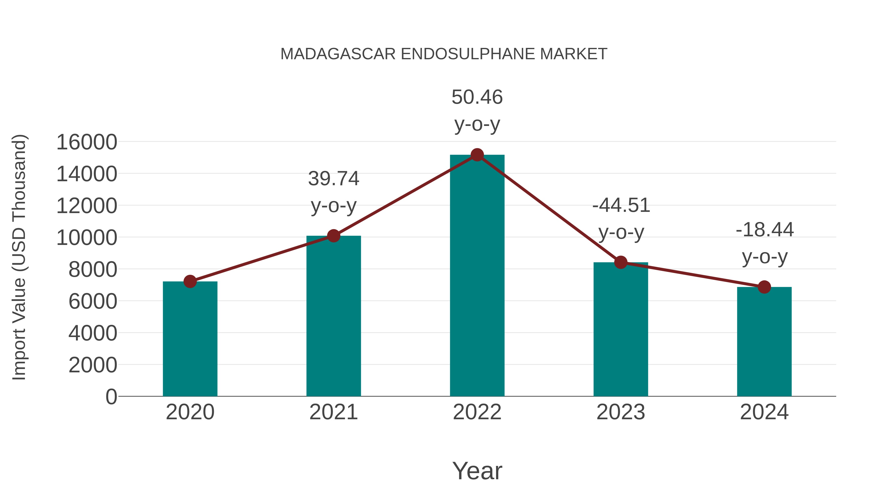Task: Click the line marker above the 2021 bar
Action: [x=333, y=236]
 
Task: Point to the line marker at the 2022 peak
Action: [x=477, y=155]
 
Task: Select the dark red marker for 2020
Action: [x=190, y=281]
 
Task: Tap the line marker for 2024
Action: [x=764, y=287]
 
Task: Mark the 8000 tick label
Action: [x=93, y=269]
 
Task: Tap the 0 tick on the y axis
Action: [x=111, y=397]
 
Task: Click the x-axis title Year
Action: [x=477, y=471]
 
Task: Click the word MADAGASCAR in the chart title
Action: [x=338, y=54]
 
